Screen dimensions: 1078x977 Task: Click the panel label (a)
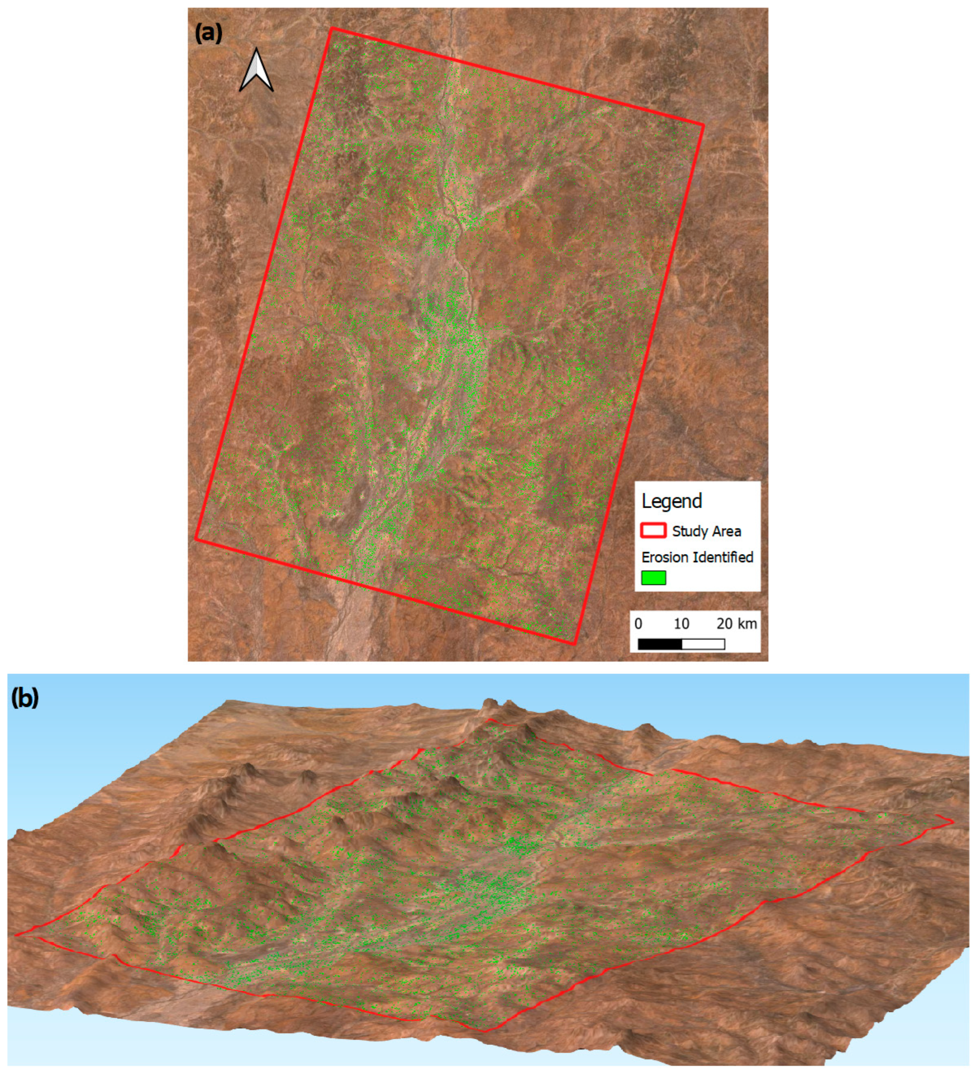(x=208, y=33)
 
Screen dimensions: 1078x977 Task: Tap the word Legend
(x=671, y=501)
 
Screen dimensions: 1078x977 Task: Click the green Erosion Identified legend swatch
(x=653, y=578)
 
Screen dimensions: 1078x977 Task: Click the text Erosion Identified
(x=697, y=557)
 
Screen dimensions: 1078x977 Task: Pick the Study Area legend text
(x=706, y=531)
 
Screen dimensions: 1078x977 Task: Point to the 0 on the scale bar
(x=638, y=624)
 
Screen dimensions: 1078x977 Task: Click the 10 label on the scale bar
(x=681, y=624)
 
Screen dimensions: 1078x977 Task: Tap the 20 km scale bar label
(x=736, y=624)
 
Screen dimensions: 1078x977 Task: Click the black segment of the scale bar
(x=660, y=644)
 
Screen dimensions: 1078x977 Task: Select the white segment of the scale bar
(x=703, y=644)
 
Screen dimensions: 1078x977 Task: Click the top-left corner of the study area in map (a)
(x=332, y=28)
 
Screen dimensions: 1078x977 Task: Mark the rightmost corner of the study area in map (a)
(x=703, y=125)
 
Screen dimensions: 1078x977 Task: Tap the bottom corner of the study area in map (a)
(x=574, y=643)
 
